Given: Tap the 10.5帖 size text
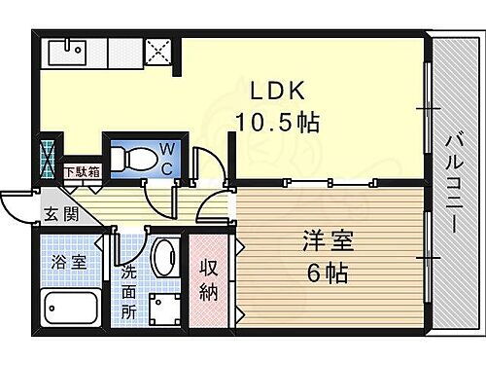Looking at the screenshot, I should [278, 124].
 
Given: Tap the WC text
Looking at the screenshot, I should [167, 157].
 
